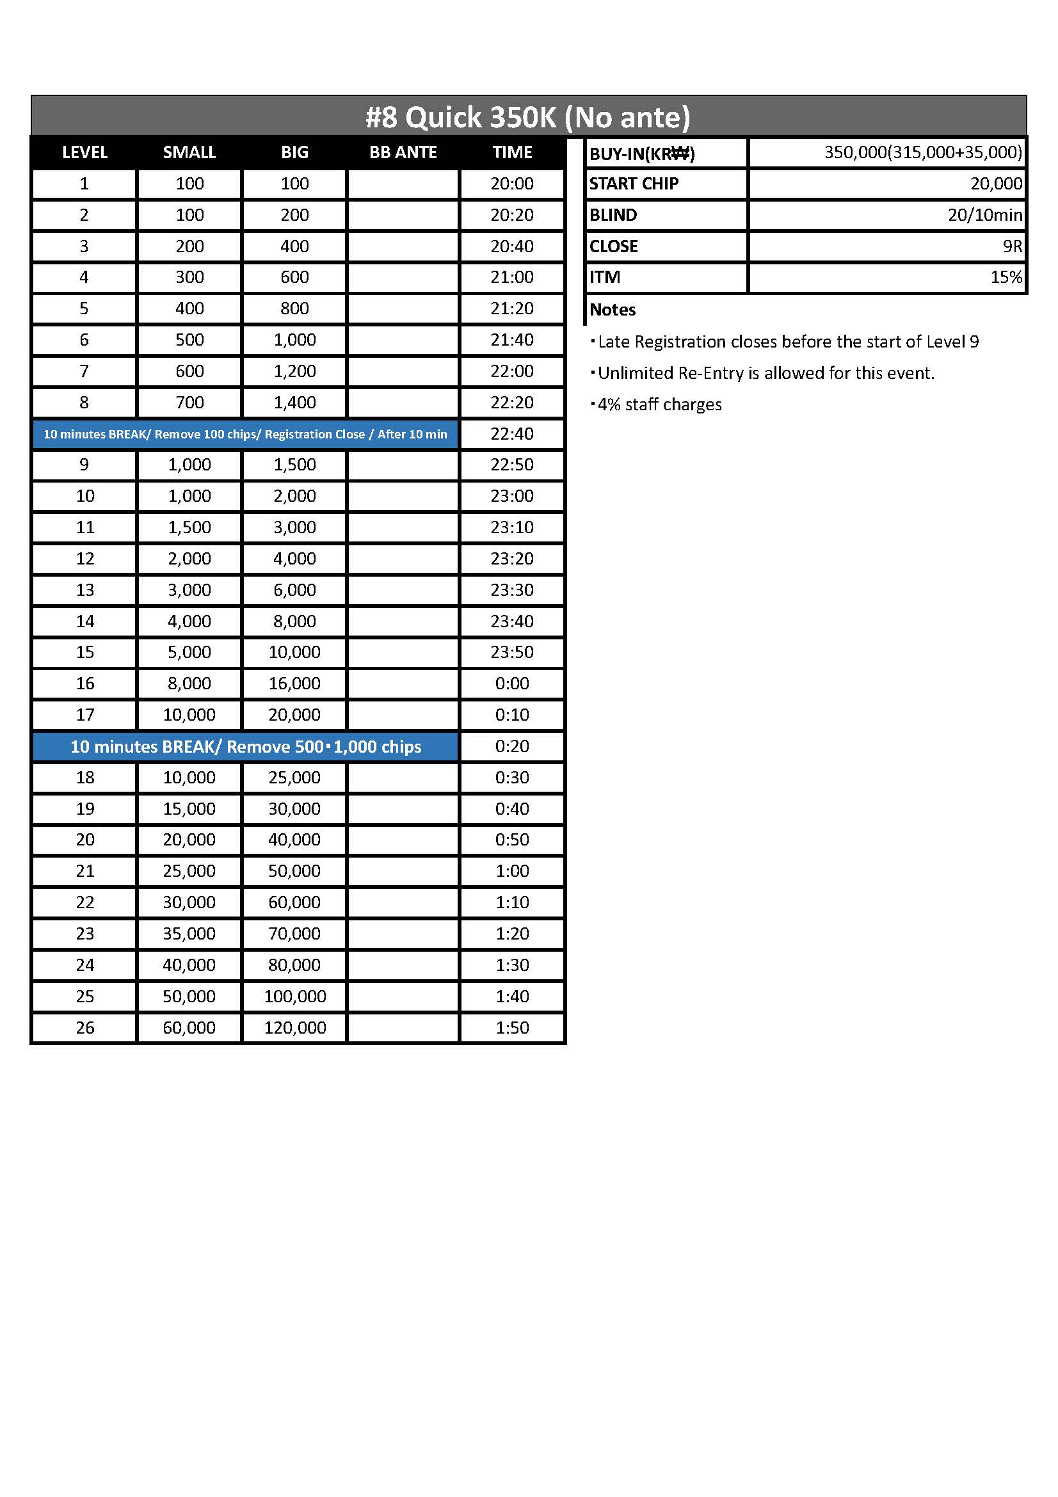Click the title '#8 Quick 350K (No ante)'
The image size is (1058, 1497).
coord(527,117)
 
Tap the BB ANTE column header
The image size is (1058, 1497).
coord(403,152)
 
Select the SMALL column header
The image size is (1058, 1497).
coord(189,152)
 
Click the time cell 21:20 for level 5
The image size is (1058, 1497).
coord(512,308)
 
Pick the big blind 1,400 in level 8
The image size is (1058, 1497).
coord(294,403)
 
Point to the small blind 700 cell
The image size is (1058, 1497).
coord(189,403)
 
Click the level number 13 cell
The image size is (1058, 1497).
coord(84,589)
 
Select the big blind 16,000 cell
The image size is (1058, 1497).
coord(294,684)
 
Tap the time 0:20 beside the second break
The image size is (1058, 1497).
coord(512,746)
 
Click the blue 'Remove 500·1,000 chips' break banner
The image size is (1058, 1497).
coord(246,746)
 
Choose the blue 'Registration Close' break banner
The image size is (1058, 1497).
coord(246,434)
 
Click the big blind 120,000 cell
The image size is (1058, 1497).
coord(294,1028)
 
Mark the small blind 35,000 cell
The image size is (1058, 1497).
coord(189,934)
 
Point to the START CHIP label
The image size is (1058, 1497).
coord(634,184)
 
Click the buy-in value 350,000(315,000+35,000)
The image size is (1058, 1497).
coord(922,152)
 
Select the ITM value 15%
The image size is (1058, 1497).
coord(1006,277)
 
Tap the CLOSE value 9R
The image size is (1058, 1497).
coord(1012,246)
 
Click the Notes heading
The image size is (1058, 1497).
coord(612,310)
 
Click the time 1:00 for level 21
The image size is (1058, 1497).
coord(512,871)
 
